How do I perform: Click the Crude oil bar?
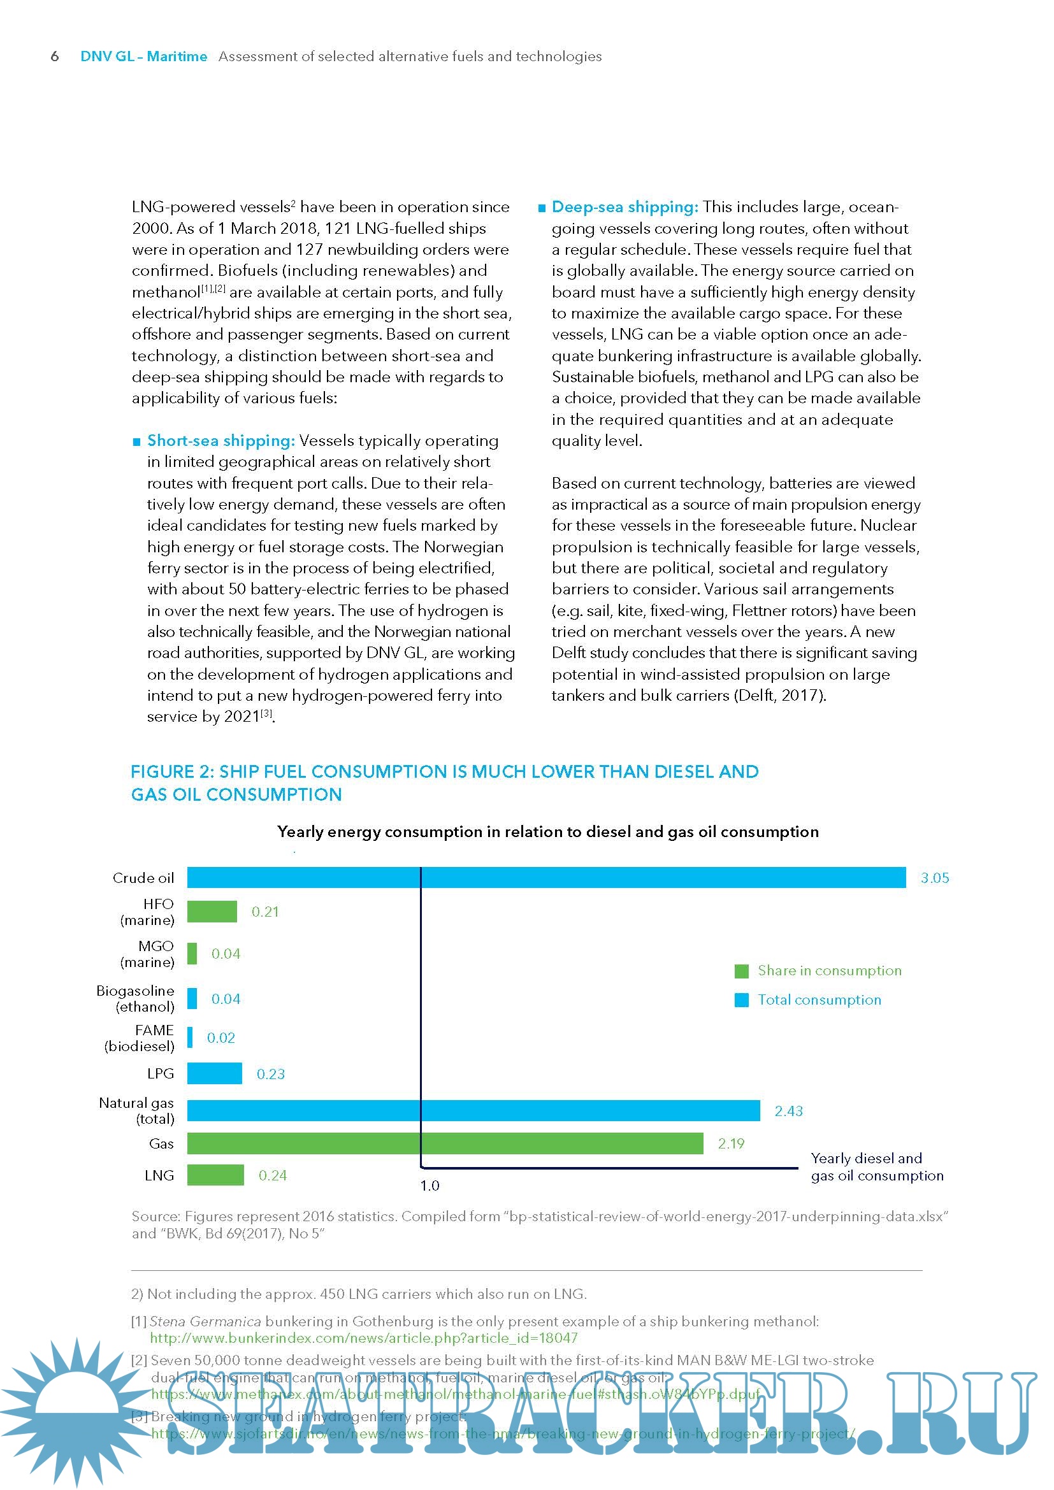tap(546, 877)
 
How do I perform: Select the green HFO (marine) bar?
tap(212, 911)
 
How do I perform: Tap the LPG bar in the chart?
tap(214, 1073)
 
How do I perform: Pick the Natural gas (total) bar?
tap(473, 1110)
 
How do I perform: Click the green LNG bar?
tap(215, 1175)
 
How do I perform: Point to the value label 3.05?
tap(935, 878)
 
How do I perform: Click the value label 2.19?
tap(731, 1143)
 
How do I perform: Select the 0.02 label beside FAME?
tap(220, 1038)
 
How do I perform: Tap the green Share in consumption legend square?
tap(741, 971)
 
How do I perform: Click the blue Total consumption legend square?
tap(741, 1000)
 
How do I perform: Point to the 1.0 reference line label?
tap(430, 1186)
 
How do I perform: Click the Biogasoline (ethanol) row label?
tap(136, 999)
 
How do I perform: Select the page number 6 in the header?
tap(55, 57)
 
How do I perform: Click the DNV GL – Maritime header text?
tap(143, 57)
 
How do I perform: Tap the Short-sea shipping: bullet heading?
tap(220, 441)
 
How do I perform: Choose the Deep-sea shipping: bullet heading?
tap(624, 207)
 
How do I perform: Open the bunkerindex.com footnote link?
tap(363, 1338)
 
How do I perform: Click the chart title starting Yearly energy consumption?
tap(548, 831)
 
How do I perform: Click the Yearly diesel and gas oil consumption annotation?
tap(876, 1167)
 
